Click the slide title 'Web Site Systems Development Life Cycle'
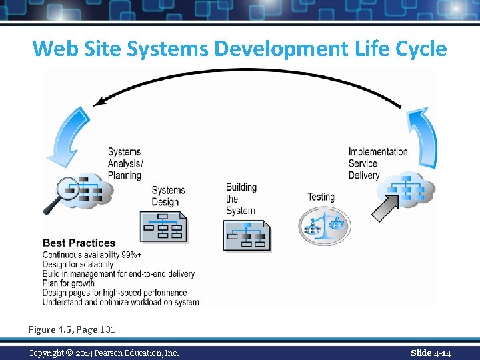point(239,49)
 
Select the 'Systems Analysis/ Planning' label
point(125,163)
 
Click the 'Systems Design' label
point(168,197)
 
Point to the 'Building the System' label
point(241,199)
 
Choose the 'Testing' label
point(321,197)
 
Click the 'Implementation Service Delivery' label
point(377,163)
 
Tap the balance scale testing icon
point(323,225)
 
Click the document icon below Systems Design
point(163,227)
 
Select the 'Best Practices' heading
point(79,243)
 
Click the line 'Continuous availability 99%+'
point(92,255)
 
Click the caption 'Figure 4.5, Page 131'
point(71,329)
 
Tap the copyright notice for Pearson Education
point(103,353)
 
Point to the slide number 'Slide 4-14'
point(431,353)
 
